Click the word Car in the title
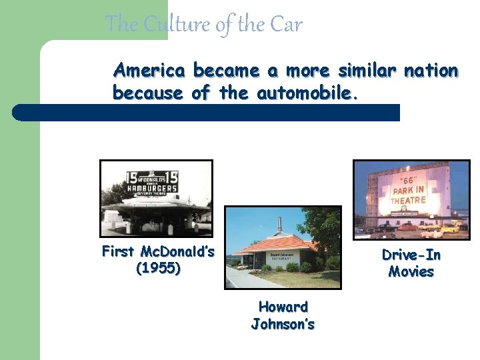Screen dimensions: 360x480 click(x=286, y=25)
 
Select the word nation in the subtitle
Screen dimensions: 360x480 click(x=431, y=70)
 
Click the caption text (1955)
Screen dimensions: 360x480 click(x=158, y=269)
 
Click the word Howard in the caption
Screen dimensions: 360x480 click(x=283, y=307)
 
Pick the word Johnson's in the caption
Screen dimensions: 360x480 click(x=283, y=325)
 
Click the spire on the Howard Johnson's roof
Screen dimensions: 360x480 click(x=279, y=223)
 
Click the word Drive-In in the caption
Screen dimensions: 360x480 click(x=411, y=255)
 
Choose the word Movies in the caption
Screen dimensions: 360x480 click(x=411, y=272)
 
